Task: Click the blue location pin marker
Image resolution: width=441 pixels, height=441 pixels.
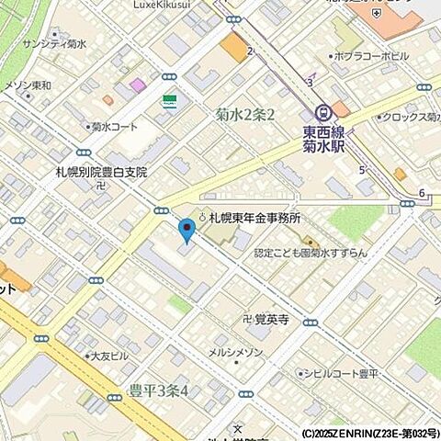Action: [187, 229]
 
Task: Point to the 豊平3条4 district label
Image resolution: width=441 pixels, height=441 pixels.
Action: [159, 390]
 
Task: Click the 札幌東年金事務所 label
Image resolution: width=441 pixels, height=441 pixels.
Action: [254, 218]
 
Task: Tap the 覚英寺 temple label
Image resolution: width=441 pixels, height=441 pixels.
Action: [272, 320]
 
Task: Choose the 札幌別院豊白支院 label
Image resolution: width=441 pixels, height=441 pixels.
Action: [100, 172]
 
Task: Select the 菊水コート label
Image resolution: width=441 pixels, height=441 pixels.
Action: [114, 128]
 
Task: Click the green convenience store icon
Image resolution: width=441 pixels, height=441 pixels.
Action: [170, 101]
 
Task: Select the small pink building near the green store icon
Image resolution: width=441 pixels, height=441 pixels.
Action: [138, 85]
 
